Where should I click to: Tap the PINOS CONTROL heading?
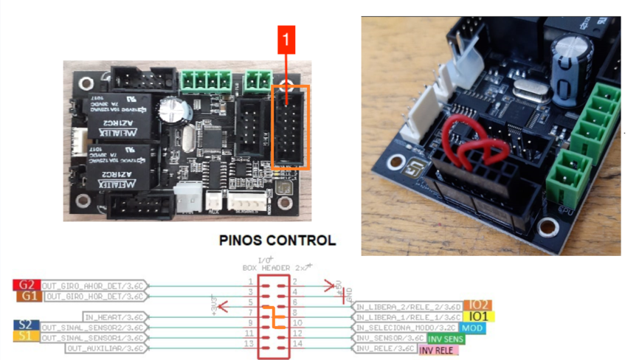click(x=277, y=240)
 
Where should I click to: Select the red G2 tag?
click(x=27, y=285)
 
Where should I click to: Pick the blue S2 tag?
click(x=24, y=325)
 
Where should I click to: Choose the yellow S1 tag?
click(x=24, y=336)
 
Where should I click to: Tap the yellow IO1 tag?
click(x=480, y=316)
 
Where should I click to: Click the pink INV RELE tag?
click(x=438, y=350)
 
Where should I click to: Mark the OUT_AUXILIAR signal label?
click(x=104, y=348)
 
